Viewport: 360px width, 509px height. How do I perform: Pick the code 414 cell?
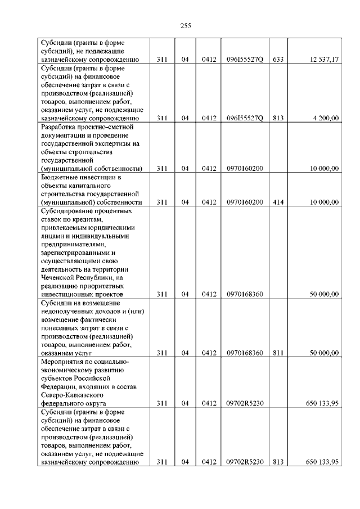(x=278, y=202)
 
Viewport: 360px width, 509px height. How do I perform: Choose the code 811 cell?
(x=278, y=353)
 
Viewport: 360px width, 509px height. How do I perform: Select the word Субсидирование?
(x=69, y=211)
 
